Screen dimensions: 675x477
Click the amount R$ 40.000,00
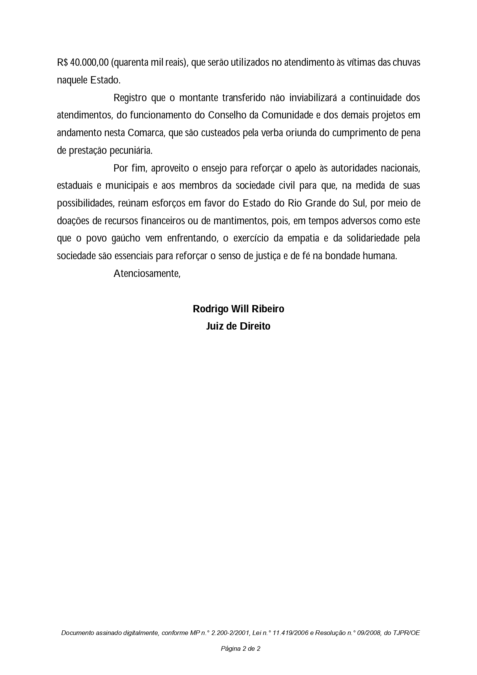83,62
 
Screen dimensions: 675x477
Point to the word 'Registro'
130,98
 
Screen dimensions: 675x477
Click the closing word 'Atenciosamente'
146,273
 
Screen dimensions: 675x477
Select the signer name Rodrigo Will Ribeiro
239,309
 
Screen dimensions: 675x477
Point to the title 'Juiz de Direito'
239,326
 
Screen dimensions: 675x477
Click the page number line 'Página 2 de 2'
240,648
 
